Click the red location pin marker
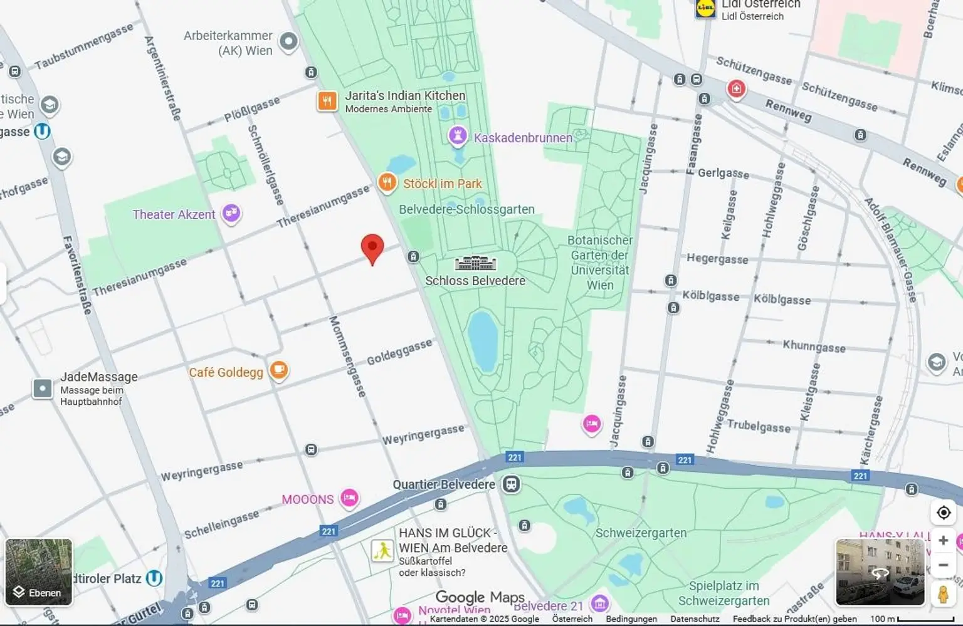click(x=372, y=248)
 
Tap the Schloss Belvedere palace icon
click(x=475, y=263)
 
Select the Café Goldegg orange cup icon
click(x=279, y=370)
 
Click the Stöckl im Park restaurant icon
click(x=387, y=182)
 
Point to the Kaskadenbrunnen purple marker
click(x=458, y=136)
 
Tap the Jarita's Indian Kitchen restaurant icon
click(x=327, y=101)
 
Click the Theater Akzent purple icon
click(x=231, y=213)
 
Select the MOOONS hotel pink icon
click(x=349, y=498)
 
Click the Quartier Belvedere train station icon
click(x=512, y=484)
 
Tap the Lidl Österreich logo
click(x=706, y=8)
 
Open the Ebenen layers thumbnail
click(x=39, y=572)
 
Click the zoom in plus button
click(x=943, y=540)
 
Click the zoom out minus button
click(x=943, y=565)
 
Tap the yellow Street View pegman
click(x=943, y=593)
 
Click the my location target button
click(x=944, y=513)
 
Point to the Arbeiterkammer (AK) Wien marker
click(x=288, y=42)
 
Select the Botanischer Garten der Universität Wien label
click(x=599, y=263)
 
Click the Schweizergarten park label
click(x=641, y=533)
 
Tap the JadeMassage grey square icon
click(x=43, y=389)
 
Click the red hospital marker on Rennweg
click(x=737, y=88)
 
